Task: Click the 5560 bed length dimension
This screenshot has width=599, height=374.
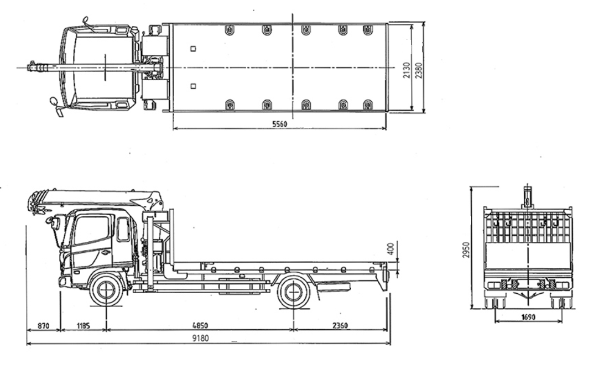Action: tap(279, 124)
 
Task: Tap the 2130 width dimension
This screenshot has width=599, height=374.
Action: tap(407, 70)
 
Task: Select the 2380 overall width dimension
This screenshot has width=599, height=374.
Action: tap(419, 70)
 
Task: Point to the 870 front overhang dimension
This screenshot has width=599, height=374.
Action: tap(44, 326)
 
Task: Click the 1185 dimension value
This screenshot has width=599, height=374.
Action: tap(84, 326)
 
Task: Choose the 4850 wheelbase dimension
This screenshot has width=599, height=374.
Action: tap(200, 325)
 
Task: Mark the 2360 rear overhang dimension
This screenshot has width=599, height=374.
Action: tap(340, 325)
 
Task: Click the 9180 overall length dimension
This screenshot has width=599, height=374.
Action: tap(201, 338)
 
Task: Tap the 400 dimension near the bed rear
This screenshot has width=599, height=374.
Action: tap(390, 249)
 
